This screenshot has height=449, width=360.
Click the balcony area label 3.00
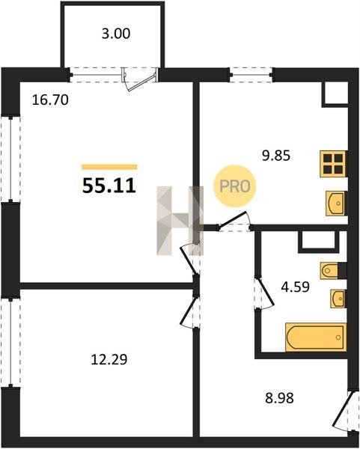pyautogui.click(x=116, y=34)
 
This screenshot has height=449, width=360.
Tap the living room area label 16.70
pyautogui.click(x=50, y=100)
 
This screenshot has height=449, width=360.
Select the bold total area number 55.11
pyautogui.click(x=109, y=186)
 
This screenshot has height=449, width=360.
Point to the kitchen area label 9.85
pyautogui.click(x=276, y=156)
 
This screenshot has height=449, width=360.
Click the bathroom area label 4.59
pyautogui.click(x=296, y=287)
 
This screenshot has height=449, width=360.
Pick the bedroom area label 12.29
pyautogui.click(x=109, y=359)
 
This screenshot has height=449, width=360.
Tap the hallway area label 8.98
pyautogui.click(x=279, y=398)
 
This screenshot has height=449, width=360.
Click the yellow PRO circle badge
pyautogui.click(x=235, y=186)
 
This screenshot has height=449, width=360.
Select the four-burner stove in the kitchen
pyautogui.click(x=333, y=163)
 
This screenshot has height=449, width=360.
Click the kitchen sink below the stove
pyautogui.click(x=337, y=204)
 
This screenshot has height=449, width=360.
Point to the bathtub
pyautogui.click(x=316, y=337)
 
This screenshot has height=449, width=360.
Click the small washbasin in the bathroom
pyautogui.click(x=338, y=299)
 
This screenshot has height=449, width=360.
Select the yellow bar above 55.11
pyautogui.click(x=109, y=167)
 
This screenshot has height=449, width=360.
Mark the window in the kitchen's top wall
pyautogui.click(x=251, y=75)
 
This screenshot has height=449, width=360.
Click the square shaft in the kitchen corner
pyautogui.click(x=335, y=94)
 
